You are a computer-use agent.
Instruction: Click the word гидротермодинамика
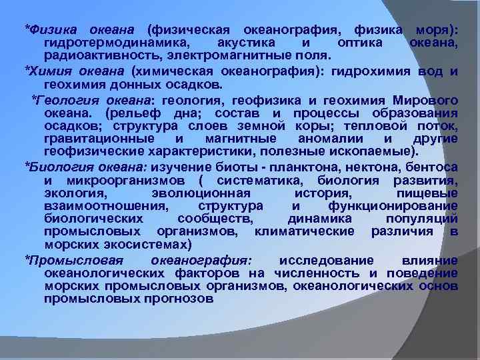[111, 43]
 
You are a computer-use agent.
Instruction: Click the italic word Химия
[48, 72]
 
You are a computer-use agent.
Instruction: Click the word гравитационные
[95, 138]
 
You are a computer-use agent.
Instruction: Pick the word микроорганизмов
[124, 181]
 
